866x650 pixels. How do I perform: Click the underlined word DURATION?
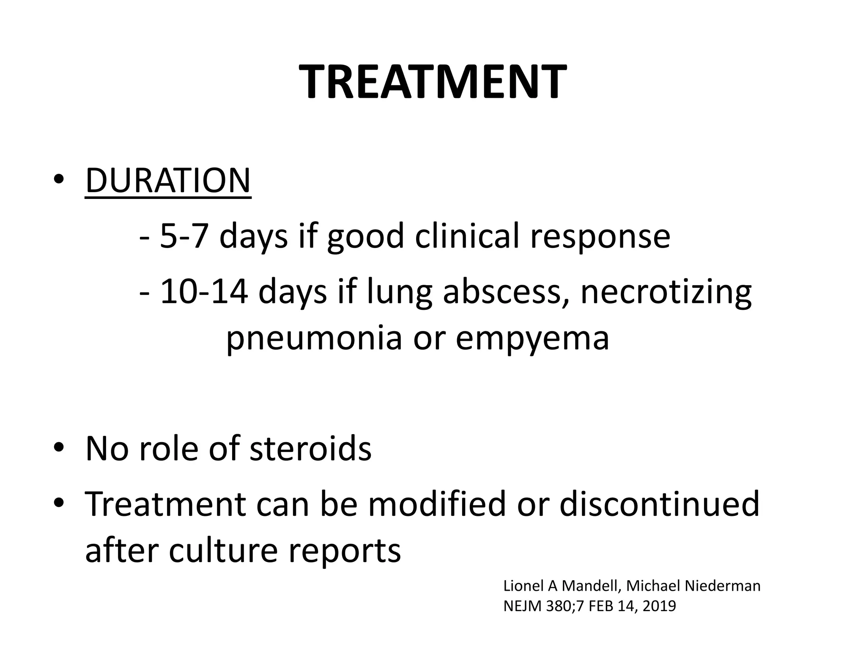click(x=168, y=181)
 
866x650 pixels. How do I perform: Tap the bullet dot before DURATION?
click(x=59, y=180)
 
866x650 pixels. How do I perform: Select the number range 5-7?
click(x=184, y=236)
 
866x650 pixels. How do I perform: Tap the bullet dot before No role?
click(x=59, y=448)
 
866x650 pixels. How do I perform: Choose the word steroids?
click(x=310, y=448)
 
